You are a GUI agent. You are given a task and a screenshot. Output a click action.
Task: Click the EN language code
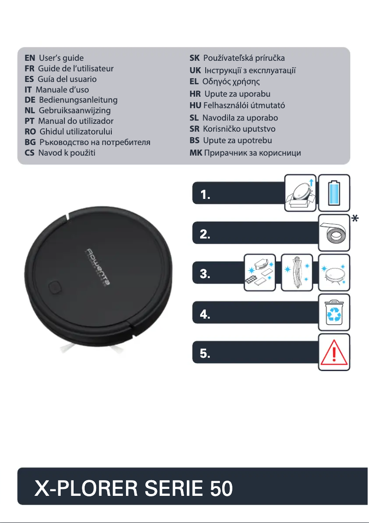pos(30,58)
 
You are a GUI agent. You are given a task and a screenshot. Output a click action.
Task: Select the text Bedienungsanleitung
pos(78,100)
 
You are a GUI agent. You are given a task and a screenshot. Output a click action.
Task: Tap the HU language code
pos(196,105)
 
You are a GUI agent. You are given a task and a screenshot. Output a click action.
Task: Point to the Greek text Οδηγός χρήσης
pos(231,82)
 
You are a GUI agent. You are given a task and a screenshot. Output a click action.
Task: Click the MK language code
pos(196,153)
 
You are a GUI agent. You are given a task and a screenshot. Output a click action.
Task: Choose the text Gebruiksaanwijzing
pos(75,110)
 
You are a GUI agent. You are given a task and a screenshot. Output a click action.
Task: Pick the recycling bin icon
pos(334,313)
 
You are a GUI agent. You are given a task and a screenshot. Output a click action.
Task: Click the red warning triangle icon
pos(334,353)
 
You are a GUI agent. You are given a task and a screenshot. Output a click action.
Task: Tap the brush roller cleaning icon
pos(297,273)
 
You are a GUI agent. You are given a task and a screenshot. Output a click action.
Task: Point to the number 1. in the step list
pos(206,196)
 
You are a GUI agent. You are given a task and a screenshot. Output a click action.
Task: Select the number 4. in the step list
pos(206,315)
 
